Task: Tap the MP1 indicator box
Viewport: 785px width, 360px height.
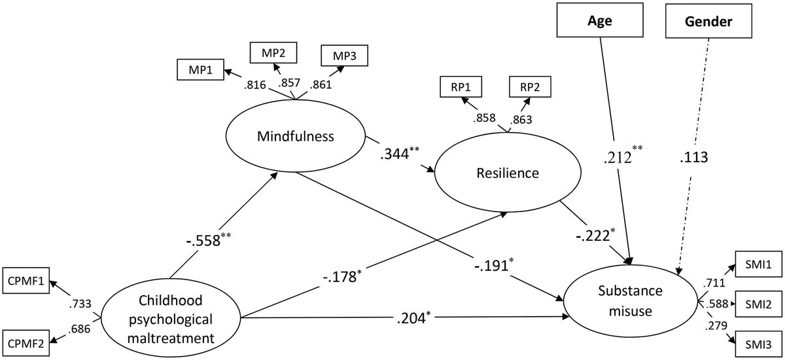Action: (200, 69)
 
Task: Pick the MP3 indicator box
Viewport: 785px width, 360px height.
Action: (344, 54)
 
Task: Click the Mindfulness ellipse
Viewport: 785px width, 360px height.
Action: (295, 137)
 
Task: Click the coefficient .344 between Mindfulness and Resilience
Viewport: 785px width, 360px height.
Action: (401, 157)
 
